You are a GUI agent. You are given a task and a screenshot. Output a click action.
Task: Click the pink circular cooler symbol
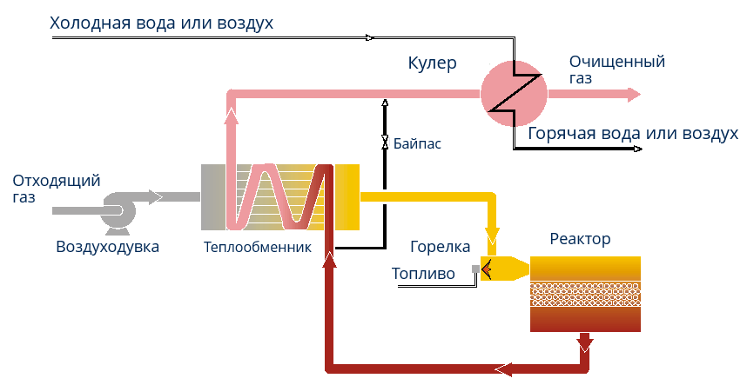pyautogui.click(x=513, y=95)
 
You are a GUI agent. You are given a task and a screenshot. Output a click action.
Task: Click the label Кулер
pyautogui.click(x=432, y=63)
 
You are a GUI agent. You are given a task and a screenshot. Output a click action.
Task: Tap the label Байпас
pyautogui.click(x=417, y=143)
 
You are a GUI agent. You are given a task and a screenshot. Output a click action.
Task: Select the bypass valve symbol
pyautogui.click(x=384, y=141)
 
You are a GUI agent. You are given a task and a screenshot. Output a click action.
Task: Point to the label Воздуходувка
pyautogui.click(x=108, y=247)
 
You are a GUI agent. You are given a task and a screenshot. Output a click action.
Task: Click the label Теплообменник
pyautogui.click(x=257, y=247)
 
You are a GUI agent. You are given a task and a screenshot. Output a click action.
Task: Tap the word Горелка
pyautogui.click(x=441, y=247)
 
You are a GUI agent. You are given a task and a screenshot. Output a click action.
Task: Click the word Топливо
pyautogui.click(x=423, y=274)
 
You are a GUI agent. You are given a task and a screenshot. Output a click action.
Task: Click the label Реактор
pyautogui.click(x=581, y=239)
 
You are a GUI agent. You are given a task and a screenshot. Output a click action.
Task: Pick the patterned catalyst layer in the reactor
pyautogui.click(x=586, y=295)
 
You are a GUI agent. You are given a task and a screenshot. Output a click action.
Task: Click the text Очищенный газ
pyautogui.click(x=616, y=70)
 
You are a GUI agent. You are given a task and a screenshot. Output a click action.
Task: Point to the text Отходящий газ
pyautogui.click(x=57, y=189)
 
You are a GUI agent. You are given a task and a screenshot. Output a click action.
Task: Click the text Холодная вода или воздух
pyautogui.click(x=162, y=23)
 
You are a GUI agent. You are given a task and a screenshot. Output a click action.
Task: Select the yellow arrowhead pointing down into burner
pyautogui.click(x=493, y=236)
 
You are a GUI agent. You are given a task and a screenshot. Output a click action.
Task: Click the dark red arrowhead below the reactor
pyautogui.click(x=584, y=344)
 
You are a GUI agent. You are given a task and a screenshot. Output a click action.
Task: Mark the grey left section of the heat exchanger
pyautogui.click(x=212, y=197)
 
